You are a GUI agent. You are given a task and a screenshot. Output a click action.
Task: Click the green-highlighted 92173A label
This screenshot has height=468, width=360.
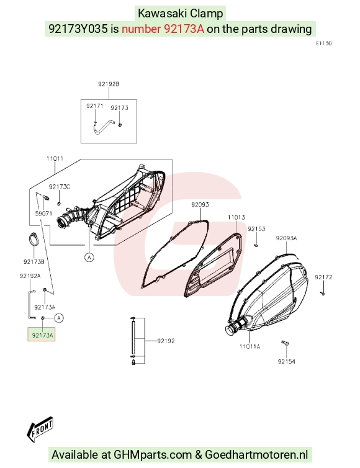42,335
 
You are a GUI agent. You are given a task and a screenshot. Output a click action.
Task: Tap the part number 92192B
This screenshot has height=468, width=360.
109,84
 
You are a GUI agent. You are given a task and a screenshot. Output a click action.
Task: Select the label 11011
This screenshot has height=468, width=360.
55,158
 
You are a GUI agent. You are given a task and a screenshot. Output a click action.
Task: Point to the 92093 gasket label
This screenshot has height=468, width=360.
200,205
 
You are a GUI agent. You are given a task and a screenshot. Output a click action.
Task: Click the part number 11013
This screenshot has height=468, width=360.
236,217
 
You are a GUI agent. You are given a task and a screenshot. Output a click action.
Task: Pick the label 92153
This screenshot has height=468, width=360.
256,229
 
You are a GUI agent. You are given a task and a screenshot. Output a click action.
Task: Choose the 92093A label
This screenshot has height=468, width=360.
287,238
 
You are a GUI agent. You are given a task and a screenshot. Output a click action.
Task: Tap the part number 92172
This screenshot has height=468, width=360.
323,277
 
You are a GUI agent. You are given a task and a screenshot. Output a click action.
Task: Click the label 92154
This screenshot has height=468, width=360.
287,361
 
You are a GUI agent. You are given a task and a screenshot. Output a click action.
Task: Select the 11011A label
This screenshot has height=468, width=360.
250,346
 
